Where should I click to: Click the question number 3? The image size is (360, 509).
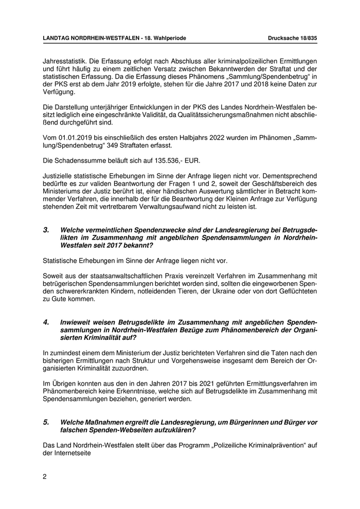(x=46, y=230)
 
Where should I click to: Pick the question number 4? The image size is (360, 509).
(x=46, y=322)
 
